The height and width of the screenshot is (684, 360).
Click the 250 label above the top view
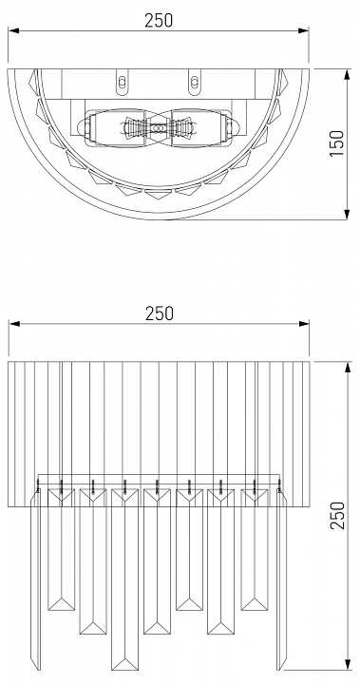[x=159, y=21]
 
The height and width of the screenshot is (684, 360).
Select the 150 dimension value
[x=337, y=143]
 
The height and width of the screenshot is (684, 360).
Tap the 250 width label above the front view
[x=160, y=313]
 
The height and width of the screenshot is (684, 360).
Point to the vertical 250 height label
[x=337, y=515]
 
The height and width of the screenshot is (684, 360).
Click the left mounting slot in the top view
[x=123, y=82]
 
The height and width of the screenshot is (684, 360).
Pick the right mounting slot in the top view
[x=195, y=82]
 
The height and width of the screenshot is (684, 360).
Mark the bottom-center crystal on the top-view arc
[x=159, y=194]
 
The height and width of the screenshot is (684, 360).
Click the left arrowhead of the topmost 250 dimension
[x=13, y=30]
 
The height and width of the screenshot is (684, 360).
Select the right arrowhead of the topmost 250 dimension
[x=304, y=30]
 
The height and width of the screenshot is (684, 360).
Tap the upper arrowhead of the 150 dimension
[x=348, y=74]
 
